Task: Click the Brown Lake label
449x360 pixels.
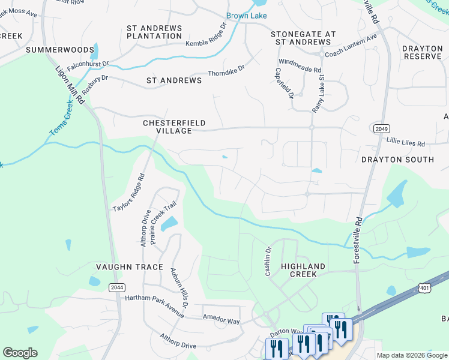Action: (x=246, y=16)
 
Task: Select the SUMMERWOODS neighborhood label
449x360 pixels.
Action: (x=60, y=50)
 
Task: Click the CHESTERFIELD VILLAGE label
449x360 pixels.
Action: (x=174, y=127)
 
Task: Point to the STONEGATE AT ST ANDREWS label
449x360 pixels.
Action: (x=303, y=38)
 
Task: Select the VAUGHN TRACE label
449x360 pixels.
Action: (x=130, y=267)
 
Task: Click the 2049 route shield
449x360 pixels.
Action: (x=381, y=128)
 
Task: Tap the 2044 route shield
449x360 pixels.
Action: (x=118, y=287)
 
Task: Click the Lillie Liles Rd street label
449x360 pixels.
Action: (x=405, y=144)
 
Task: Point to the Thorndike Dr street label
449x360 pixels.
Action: (x=226, y=70)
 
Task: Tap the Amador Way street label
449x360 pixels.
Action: (x=221, y=322)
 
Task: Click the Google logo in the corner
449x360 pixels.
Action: (x=20, y=353)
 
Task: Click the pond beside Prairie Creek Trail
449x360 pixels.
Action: (x=169, y=224)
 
